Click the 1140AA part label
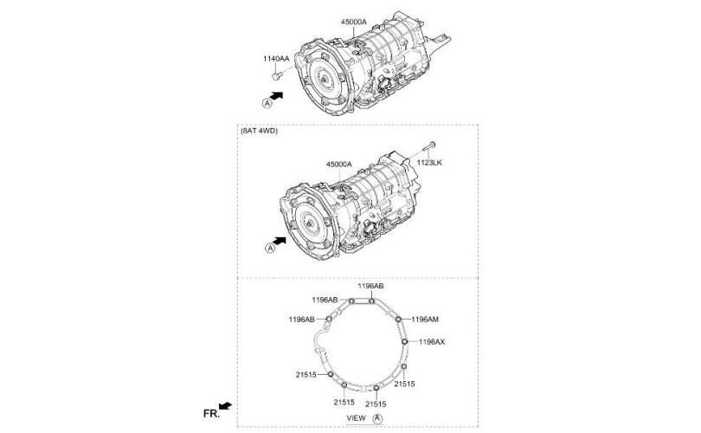coord(276,59)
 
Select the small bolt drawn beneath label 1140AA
coord(276,76)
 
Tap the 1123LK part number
coord(429,163)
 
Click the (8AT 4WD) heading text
coord(260,131)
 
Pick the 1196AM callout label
coord(425,320)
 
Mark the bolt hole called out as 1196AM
coord(398,319)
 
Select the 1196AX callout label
coord(432,342)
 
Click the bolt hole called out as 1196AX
coord(405,342)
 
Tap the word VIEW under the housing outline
coord(357,417)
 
